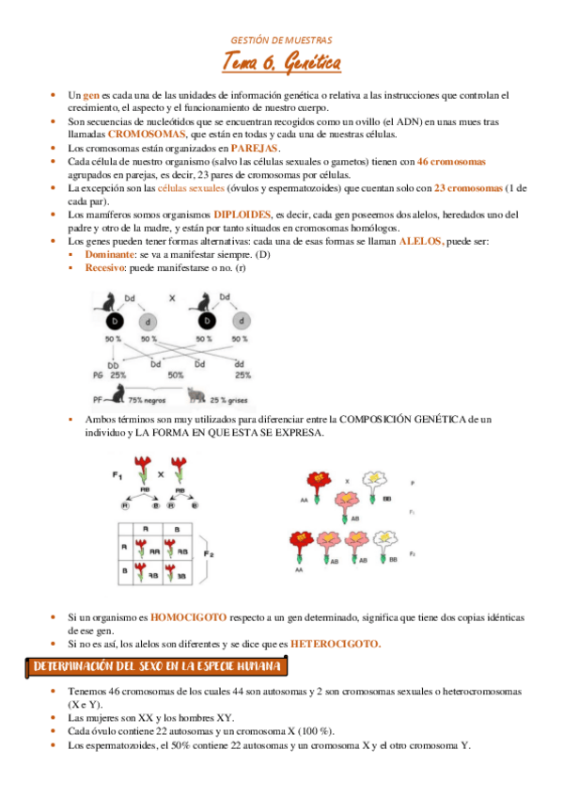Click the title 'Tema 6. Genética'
(281, 64)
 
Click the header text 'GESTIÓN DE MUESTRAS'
(281, 40)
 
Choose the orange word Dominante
(109, 255)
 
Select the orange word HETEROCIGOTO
(336, 644)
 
